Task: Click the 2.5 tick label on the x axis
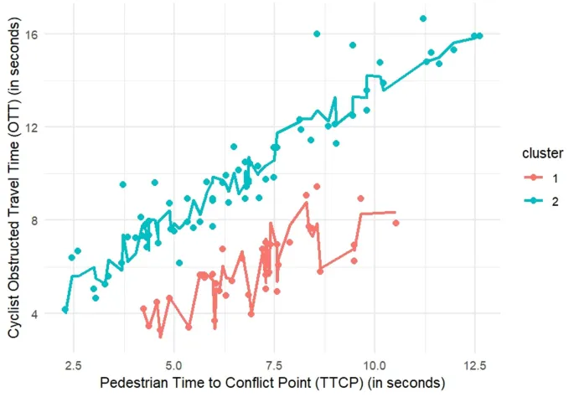73,365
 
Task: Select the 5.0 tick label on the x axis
173,365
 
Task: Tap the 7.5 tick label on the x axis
274,365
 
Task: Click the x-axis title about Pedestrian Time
271,384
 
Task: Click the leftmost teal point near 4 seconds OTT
65,310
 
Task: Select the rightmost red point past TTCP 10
396,223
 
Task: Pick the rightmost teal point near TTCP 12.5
478,36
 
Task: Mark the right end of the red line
395,213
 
